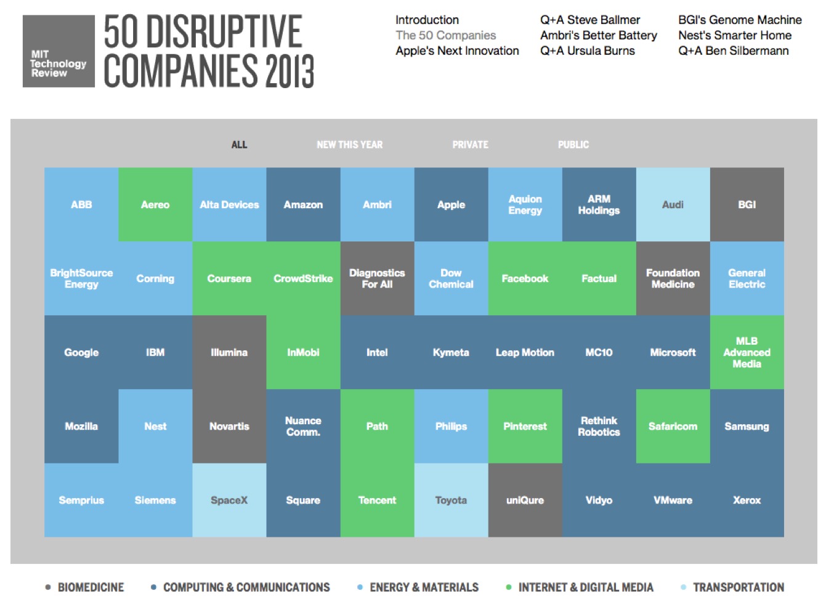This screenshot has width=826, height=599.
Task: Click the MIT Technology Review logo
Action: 59,51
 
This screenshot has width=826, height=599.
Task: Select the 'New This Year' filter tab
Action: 349,145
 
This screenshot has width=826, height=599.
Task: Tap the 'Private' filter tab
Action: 470,145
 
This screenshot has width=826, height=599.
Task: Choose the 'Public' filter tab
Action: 573,145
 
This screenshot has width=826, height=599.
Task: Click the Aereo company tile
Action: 155,204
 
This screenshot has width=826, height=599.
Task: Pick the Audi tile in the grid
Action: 673,204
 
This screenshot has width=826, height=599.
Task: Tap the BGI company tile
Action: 747,204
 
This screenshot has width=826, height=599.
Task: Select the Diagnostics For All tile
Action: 377,278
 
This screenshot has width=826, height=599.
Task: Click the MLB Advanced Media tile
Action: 747,352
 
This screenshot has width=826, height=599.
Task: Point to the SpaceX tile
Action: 229,500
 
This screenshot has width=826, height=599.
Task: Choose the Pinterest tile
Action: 525,426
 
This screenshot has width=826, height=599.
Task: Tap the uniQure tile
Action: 525,500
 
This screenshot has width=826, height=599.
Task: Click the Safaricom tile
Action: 673,426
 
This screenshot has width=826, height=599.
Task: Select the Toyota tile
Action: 451,500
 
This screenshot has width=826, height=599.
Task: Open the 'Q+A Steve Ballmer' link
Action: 589,20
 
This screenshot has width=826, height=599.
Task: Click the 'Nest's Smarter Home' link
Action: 734,35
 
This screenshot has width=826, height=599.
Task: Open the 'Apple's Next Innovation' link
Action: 457,50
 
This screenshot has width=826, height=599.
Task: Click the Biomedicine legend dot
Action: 48,587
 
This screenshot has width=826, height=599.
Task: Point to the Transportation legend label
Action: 738,587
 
